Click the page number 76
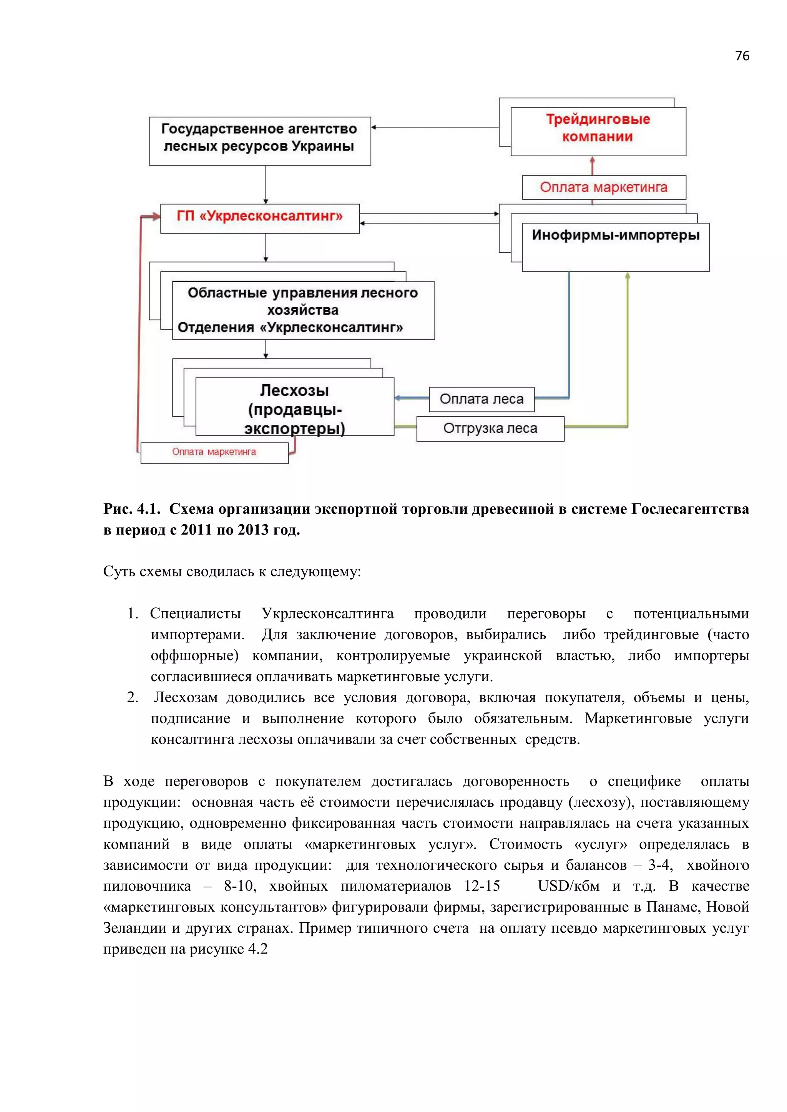[741, 56]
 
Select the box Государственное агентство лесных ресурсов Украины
[260, 141]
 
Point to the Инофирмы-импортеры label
[616, 235]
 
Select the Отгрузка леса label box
[490, 429]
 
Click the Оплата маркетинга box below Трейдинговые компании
[604, 187]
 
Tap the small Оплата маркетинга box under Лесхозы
[214, 452]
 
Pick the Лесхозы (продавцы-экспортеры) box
[295, 407]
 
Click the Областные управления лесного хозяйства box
[303, 310]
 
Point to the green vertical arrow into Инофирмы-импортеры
[628, 349]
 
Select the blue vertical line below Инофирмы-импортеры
[569, 334]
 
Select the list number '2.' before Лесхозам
[133, 697]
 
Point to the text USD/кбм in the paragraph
[568, 886]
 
